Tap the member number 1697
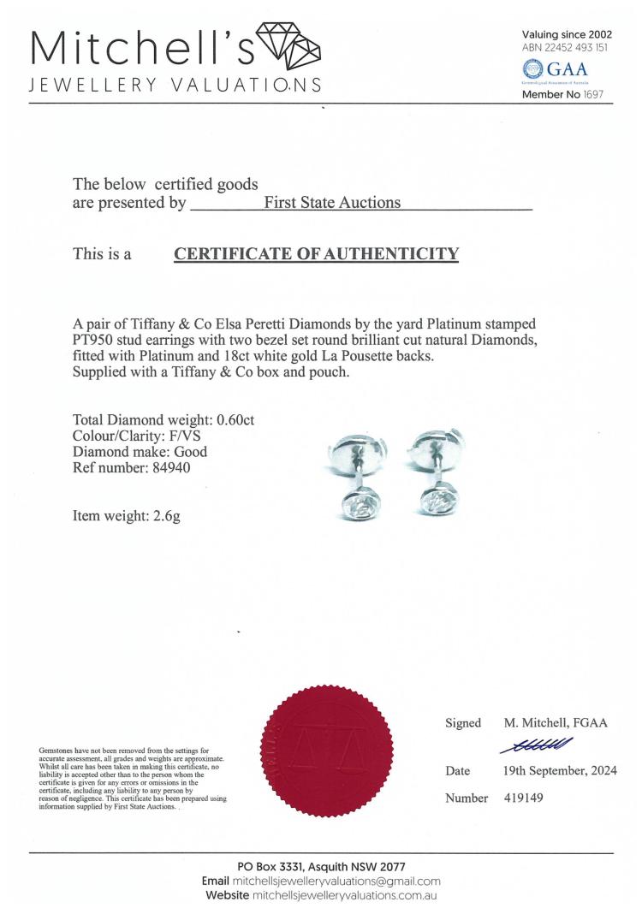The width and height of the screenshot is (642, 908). [591, 95]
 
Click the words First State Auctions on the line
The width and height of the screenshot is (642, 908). [332, 203]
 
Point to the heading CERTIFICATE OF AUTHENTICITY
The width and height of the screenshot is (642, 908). [316, 253]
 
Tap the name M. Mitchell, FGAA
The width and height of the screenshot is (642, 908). [555, 723]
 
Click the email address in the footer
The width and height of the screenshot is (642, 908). [336, 881]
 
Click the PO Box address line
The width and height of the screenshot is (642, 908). [321, 867]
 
